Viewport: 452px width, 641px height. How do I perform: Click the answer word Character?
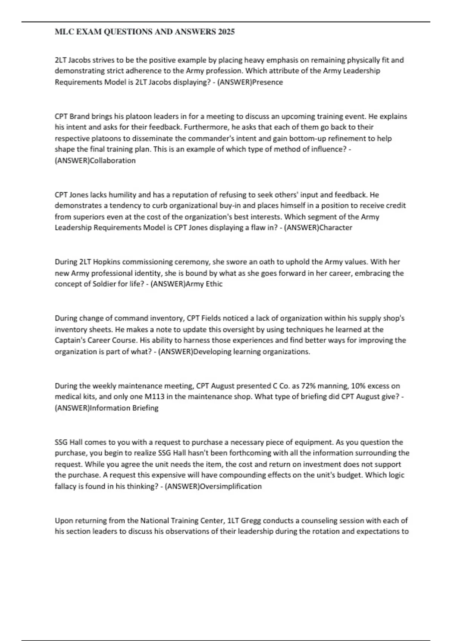tap(336, 228)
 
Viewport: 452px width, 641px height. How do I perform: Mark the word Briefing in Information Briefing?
tap(145, 408)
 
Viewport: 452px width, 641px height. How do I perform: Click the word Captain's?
tap(71, 340)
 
